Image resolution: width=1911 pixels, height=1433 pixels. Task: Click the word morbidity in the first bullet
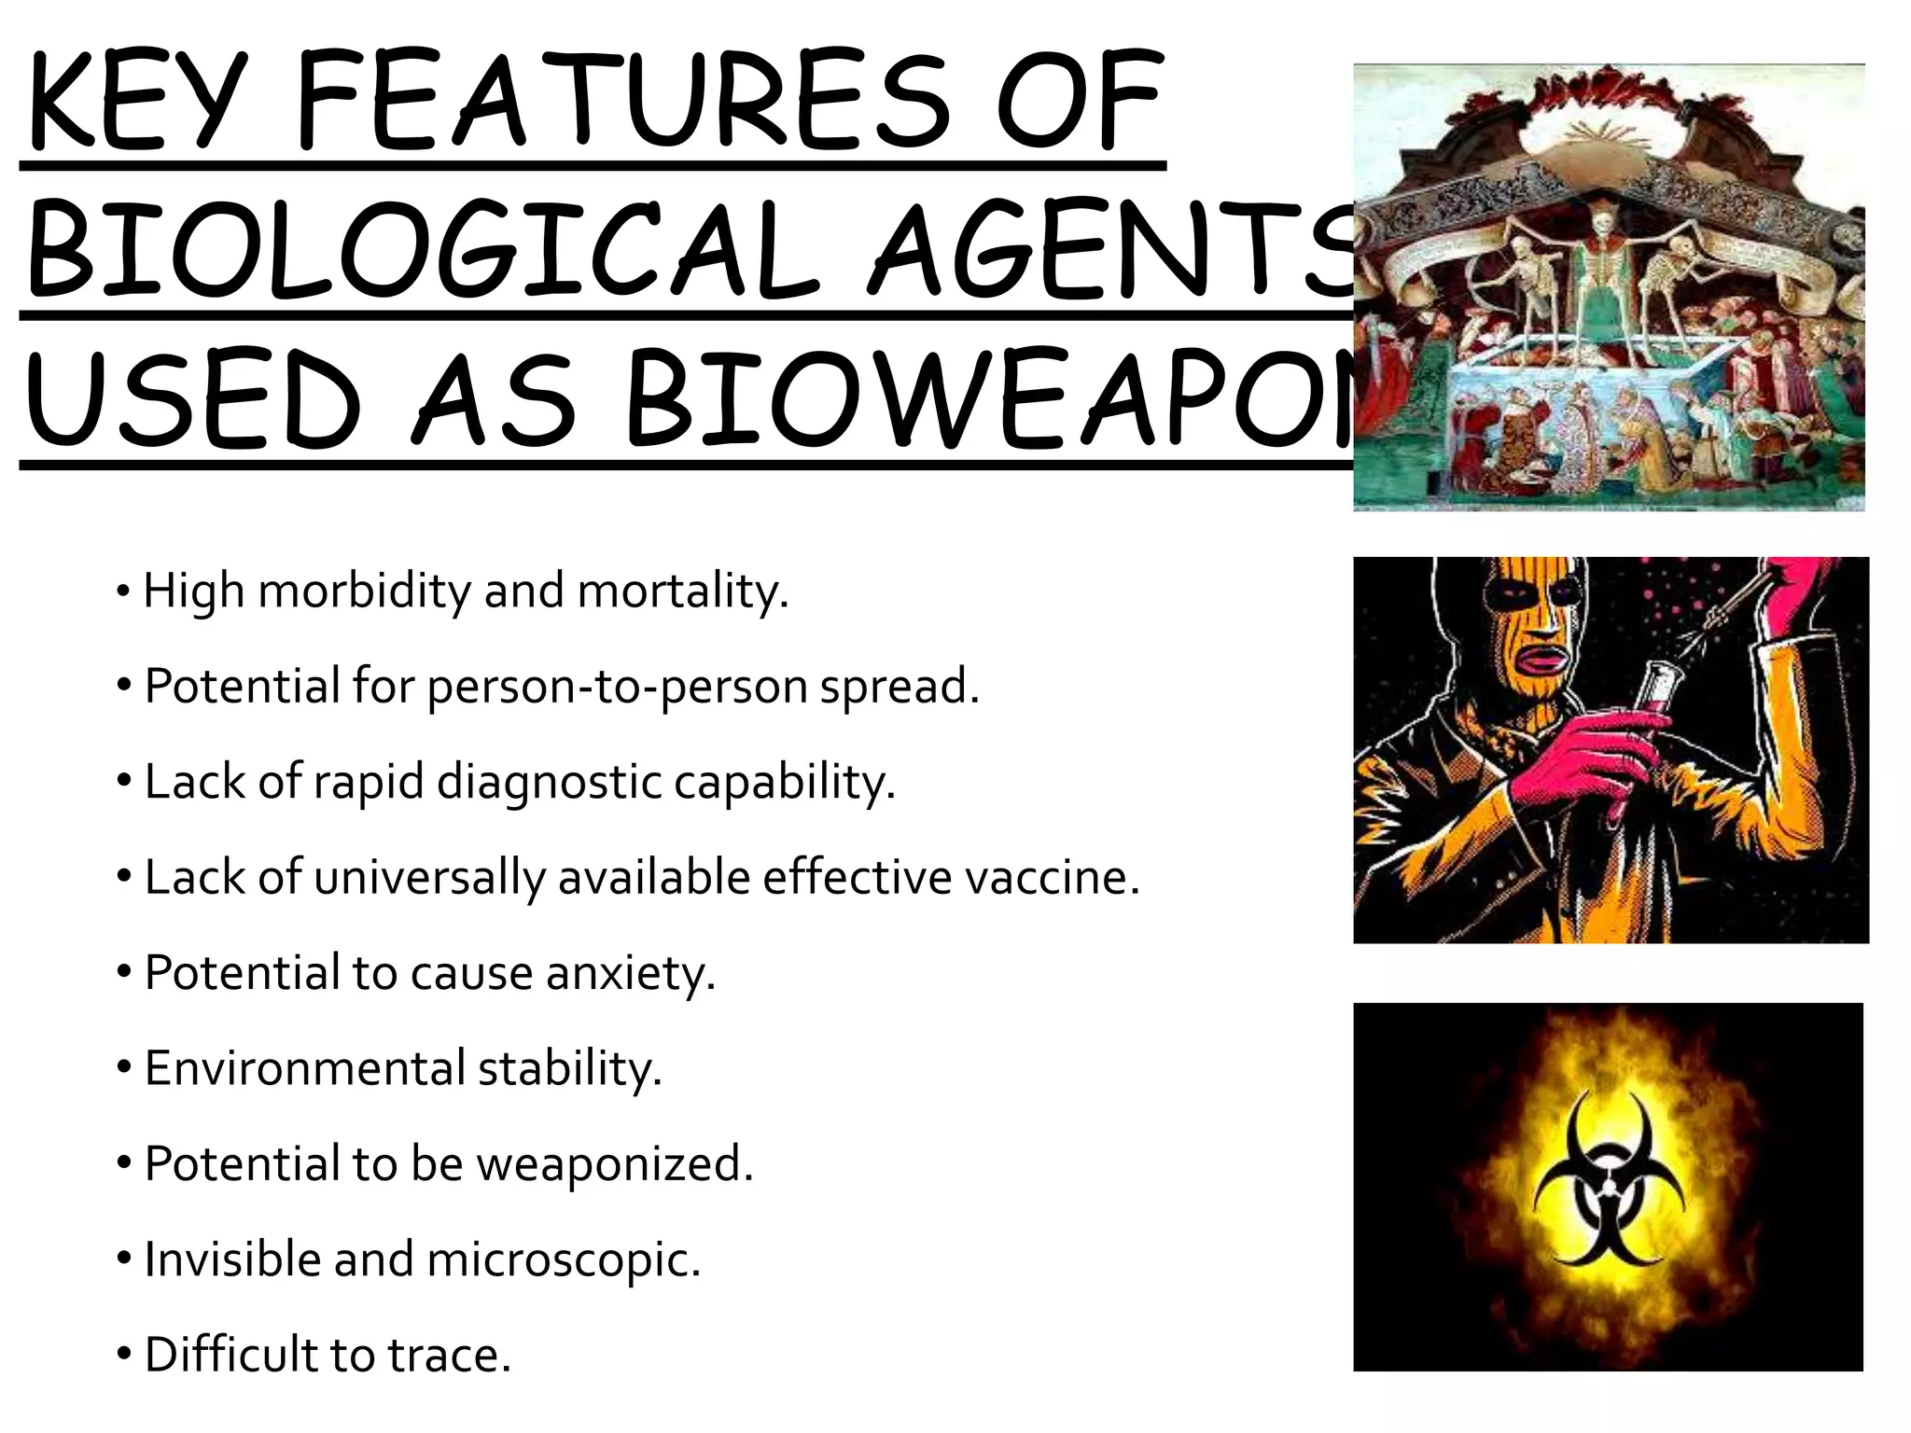tap(364, 591)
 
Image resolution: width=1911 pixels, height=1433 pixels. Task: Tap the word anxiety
tap(630, 974)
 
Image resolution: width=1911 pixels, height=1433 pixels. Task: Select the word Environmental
tap(304, 1069)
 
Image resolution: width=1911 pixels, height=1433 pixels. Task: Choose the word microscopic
tap(563, 1260)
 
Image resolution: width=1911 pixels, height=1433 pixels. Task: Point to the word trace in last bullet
tap(449, 1356)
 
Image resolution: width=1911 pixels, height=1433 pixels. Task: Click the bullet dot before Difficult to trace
tap(125, 1354)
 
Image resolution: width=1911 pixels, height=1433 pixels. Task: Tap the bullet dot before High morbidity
tap(123, 591)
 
